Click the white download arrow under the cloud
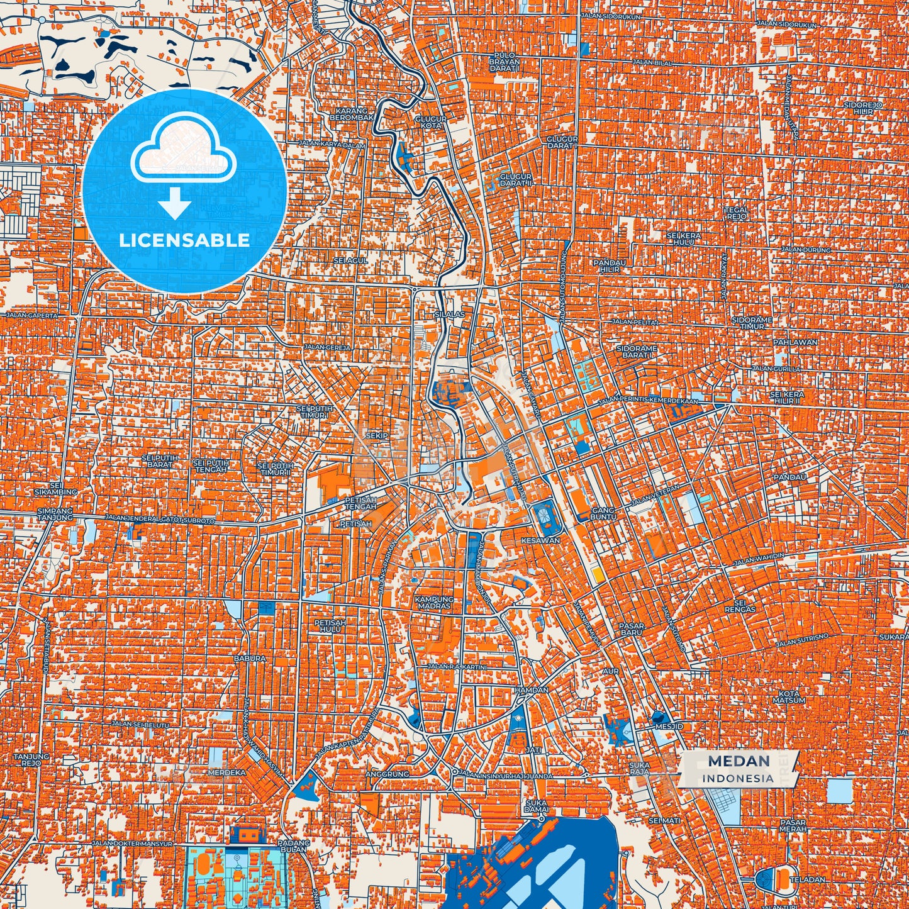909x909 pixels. click(x=175, y=204)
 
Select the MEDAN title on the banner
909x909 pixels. click(x=739, y=761)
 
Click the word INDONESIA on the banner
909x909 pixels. click(x=739, y=778)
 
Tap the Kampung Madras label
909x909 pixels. click(x=433, y=603)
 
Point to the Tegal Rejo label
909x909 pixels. click(x=736, y=213)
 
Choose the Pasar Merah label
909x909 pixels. click(x=793, y=826)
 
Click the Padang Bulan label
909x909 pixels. click(x=293, y=846)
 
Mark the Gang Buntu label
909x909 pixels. click(x=602, y=513)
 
